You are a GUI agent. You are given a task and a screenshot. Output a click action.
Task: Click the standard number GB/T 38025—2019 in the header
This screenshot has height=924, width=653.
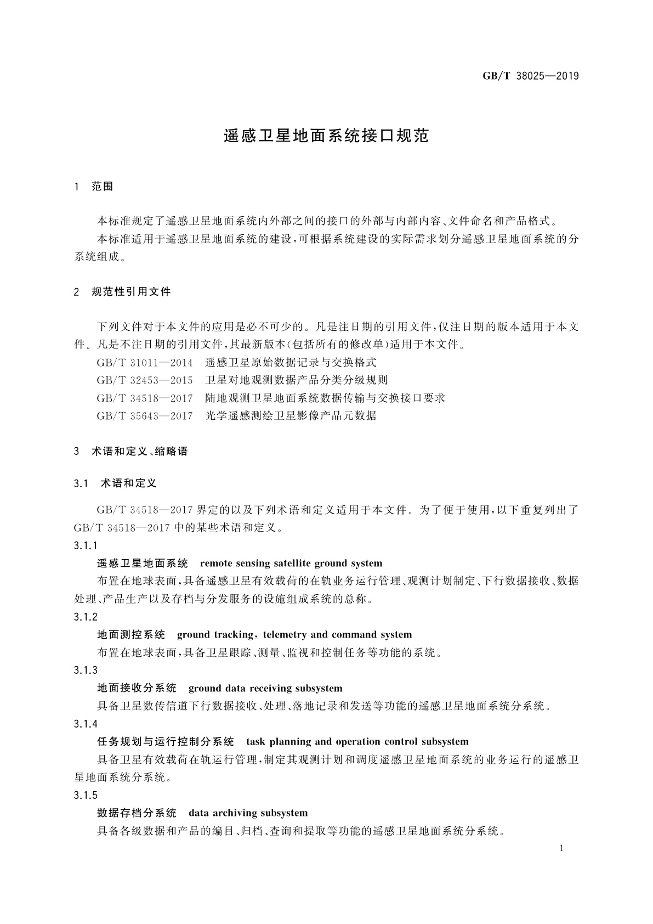click(x=530, y=76)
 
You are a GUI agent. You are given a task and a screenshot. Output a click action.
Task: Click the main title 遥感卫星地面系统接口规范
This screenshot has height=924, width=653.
click(x=326, y=136)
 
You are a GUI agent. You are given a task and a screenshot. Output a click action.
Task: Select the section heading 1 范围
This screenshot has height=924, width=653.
click(x=93, y=187)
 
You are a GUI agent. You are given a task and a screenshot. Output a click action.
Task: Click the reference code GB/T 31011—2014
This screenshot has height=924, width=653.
click(x=145, y=363)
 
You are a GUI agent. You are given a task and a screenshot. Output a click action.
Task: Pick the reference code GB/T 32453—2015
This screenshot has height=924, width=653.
click(x=145, y=380)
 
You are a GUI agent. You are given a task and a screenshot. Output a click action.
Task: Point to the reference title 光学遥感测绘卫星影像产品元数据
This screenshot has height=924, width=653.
click(x=291, y=416)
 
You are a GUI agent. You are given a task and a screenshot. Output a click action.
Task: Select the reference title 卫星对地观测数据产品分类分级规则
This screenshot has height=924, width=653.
click(x=296, y=380)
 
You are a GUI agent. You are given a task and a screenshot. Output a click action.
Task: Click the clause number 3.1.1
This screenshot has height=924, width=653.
click(x=86, y=545)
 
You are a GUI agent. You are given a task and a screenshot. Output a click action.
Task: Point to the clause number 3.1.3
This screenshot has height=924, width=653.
click(x=86, y=670)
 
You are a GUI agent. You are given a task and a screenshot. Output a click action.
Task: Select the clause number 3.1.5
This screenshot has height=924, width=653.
click(x=86, y=795)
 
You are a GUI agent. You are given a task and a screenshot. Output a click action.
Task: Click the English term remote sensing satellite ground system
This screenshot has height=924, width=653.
click(x=291, y=564)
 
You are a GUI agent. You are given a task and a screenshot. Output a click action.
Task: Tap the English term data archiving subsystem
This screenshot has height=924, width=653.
click(x=248, y=813)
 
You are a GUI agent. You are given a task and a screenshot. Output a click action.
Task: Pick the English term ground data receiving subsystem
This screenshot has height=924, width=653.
click(x=265, y=689)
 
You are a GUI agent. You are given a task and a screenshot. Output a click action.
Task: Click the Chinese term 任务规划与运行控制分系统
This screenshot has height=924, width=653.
click(x=166, y=742)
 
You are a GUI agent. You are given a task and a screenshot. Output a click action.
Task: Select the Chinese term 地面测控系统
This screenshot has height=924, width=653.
click(x=131, y=635)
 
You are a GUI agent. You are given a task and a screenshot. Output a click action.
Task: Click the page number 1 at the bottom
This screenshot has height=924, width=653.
click(x=562, y=848)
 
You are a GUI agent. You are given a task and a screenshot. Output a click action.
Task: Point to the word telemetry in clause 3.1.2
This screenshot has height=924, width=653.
click(x=285, y=635)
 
